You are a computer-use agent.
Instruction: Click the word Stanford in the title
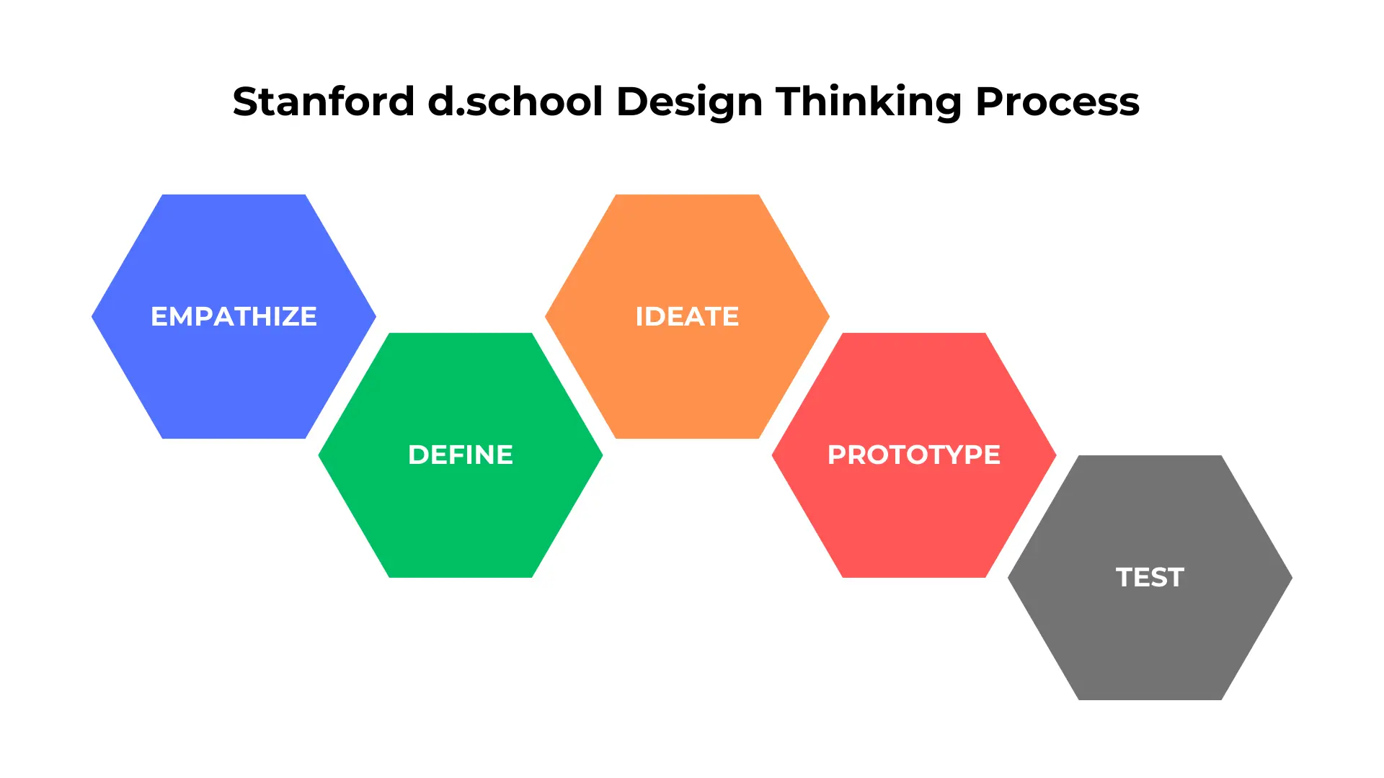point(324,102)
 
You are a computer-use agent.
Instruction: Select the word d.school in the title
point(515,102)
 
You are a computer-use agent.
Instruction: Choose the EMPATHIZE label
point(234,316)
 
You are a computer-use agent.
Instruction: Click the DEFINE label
point(461,455)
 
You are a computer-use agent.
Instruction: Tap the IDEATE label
point(687,316)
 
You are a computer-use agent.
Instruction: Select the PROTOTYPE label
point(914,455)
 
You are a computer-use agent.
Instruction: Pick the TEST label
point(1150,577)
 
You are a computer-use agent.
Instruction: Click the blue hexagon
point(234,316)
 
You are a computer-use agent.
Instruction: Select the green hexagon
point(461,455)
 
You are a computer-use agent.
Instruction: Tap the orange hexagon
point(687,316)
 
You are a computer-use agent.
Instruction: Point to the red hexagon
point(914,455)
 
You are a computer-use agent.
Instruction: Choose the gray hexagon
point(1150,577)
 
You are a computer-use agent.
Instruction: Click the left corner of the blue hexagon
point(92,316)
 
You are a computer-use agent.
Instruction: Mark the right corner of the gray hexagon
point(1292,577)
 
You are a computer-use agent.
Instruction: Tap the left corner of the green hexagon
point(319,455)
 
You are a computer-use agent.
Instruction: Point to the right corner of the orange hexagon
point(829,316)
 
